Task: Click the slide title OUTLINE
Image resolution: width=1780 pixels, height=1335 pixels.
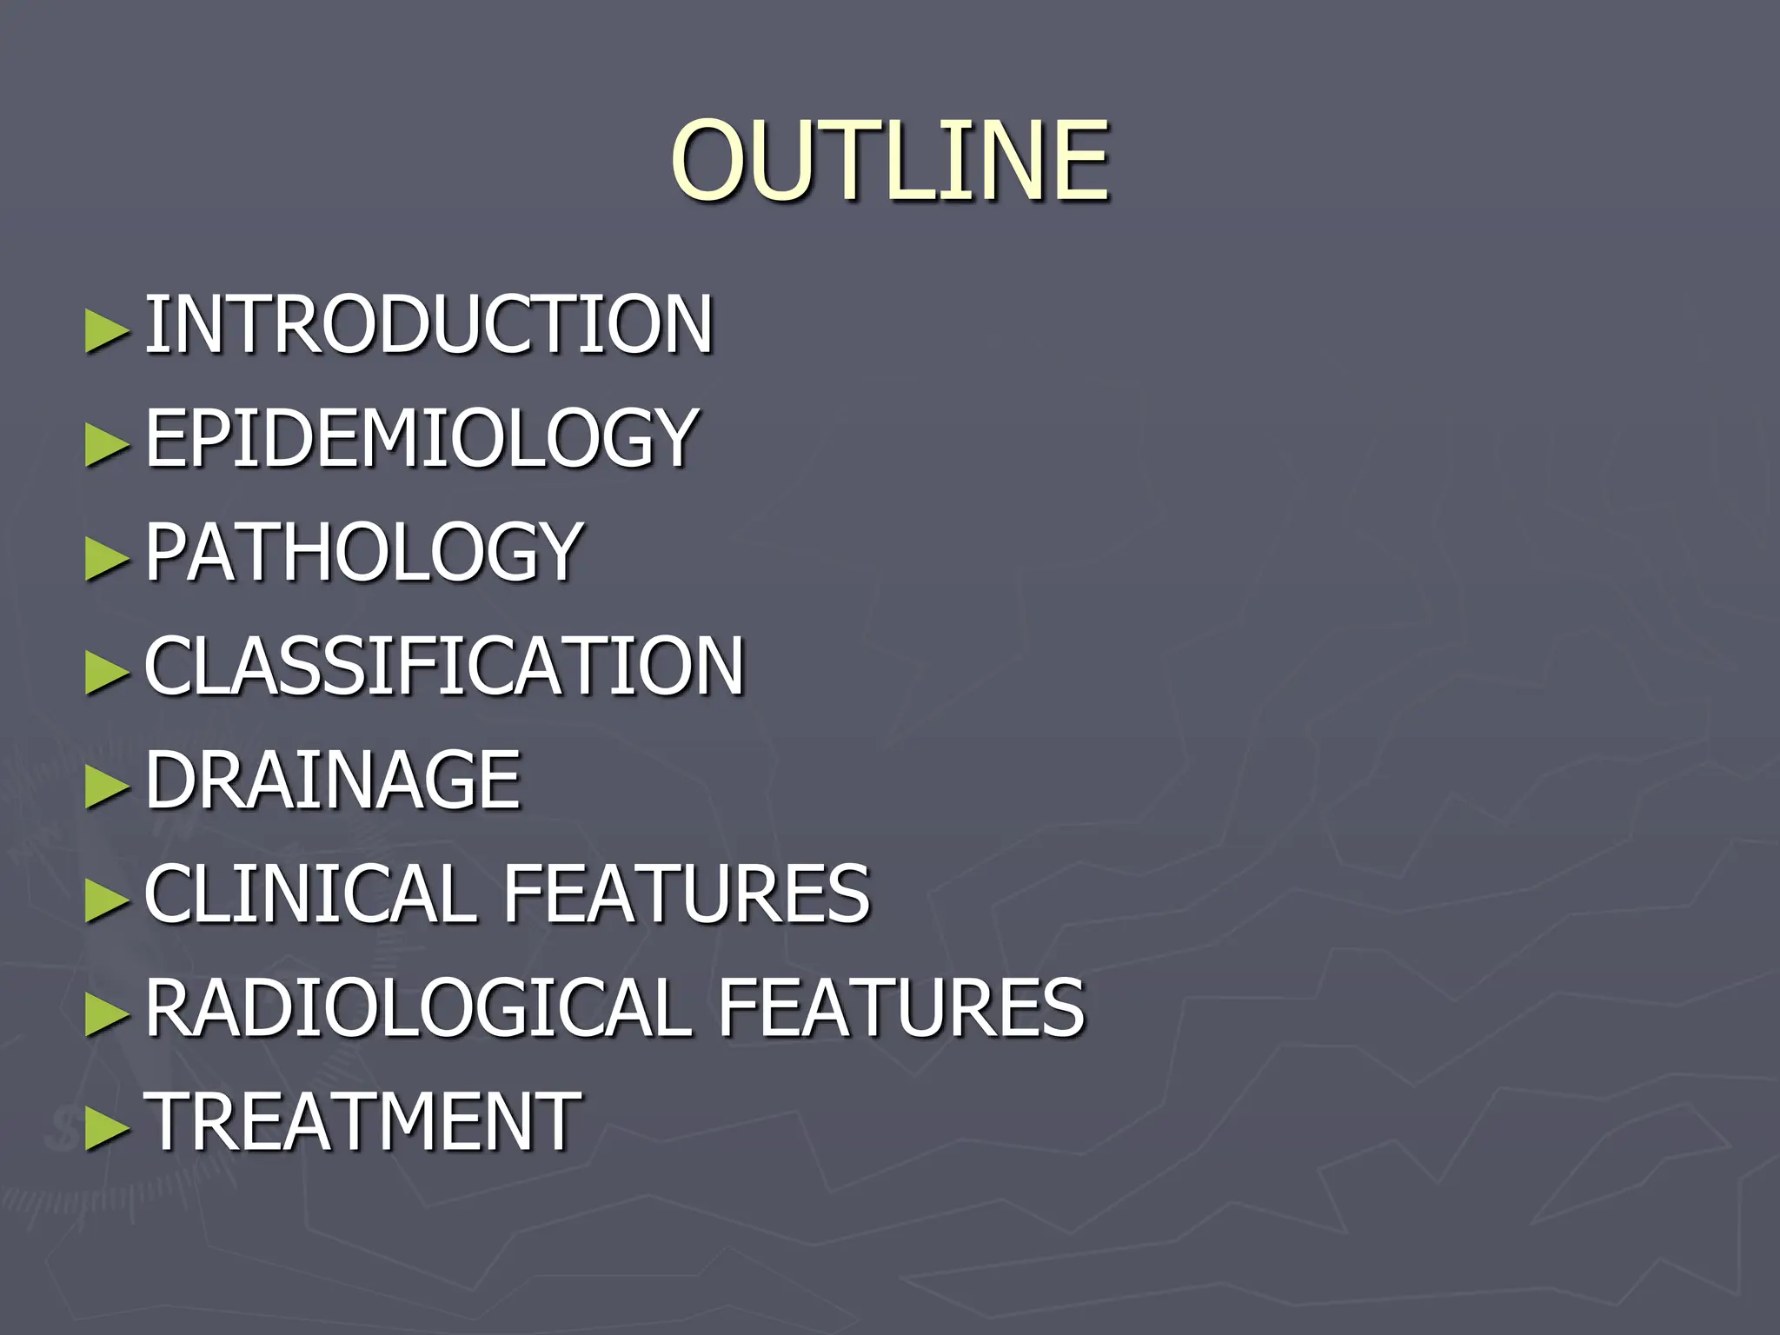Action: [x=889, y=161]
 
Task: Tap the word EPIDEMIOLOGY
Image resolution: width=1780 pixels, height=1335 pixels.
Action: [x=422, y=438]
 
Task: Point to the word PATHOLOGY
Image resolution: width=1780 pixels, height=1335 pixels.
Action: [x=363, y=552]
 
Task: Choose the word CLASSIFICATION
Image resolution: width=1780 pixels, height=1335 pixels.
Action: [x=444, y=666]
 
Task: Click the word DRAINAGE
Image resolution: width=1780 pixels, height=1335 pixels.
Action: [x=333, y=780]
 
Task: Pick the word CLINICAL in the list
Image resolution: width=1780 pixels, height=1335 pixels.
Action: [x=309, y=893]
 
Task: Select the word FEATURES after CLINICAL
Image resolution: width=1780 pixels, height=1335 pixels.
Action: [x=687, y=893]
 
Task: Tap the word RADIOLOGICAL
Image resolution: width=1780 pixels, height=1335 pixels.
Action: [x=419, y=1007]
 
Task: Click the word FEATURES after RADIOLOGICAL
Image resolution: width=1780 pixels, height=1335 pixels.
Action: [x=901, y=1007]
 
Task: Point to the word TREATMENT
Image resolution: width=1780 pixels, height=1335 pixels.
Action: [x=363, y=1121]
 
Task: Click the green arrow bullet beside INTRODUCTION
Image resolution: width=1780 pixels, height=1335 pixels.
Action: [x=107, y=330]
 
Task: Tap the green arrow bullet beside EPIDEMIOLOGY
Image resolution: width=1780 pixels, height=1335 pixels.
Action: [x=107, y=444]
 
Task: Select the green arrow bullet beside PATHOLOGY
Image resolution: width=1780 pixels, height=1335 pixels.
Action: [x=107, y=558]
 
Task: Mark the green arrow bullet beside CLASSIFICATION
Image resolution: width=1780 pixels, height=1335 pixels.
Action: [x=107, y=672]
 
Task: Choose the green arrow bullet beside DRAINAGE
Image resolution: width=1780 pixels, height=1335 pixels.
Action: [x=107, y=786]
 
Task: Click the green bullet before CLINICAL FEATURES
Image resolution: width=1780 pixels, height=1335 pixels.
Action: [x=107, y=900]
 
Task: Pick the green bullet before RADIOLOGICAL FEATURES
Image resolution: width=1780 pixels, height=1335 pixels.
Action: [x=107, y=1013]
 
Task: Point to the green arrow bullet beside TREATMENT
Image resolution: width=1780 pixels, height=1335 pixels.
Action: [x=107, y=1127]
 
